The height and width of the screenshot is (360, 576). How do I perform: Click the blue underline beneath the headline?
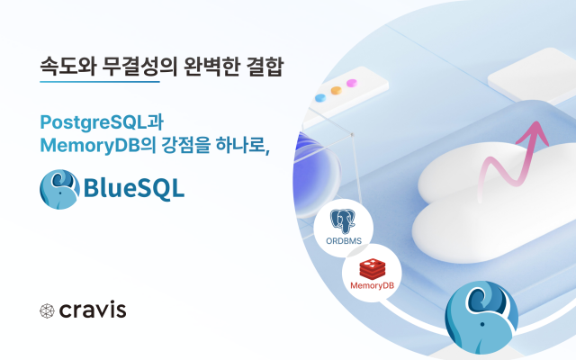click(100, 82)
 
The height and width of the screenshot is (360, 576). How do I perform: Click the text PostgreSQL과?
click(102, 122)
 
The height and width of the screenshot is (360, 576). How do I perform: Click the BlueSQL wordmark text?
click(134, 188)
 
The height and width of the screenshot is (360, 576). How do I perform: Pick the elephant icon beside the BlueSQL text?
click(59, 189)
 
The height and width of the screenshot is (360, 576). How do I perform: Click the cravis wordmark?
click(93, 310)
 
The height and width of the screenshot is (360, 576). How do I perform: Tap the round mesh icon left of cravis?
click(47, 310)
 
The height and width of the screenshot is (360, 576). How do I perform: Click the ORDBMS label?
click(344, 241)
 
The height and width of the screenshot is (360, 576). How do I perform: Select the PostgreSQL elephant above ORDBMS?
click(343, 221)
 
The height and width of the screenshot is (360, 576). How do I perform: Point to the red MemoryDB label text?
click(372, 285)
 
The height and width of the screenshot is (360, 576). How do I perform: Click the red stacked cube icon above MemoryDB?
click(372, 268)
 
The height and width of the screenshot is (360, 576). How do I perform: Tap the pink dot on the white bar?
click(352, 83)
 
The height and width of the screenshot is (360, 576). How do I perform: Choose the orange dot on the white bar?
click(336, 90)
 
